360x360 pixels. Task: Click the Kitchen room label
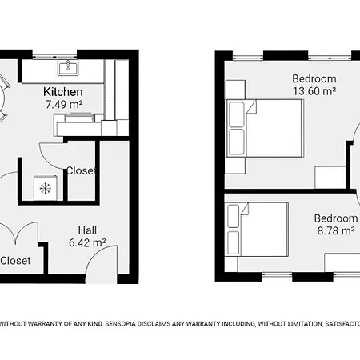63,92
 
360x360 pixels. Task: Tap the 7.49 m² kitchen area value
64,104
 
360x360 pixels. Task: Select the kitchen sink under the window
68,68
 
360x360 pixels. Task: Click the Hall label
87,230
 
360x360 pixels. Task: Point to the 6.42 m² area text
87,242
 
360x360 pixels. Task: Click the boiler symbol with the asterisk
46,188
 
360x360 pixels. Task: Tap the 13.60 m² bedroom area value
314,91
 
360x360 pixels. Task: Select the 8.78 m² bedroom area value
336,230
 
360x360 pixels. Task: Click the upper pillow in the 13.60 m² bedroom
237,114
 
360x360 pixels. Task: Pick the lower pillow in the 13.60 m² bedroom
237,142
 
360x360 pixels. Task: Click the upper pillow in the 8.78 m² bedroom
234,216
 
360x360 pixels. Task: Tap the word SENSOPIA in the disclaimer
120,324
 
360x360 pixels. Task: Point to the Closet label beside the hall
15,261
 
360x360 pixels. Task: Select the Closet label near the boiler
81,170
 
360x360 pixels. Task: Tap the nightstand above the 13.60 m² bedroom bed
235,90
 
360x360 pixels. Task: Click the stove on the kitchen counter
80,118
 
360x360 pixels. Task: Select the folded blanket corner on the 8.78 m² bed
244,209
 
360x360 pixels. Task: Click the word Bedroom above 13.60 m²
314,78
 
